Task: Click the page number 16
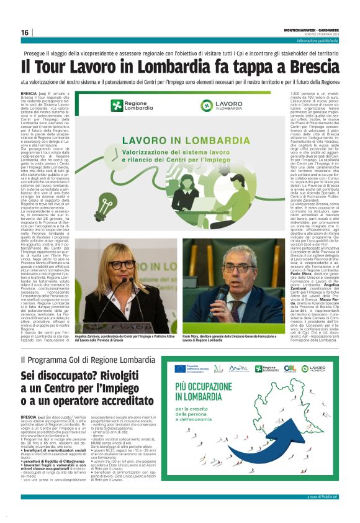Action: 25,32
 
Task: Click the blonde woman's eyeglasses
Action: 124,265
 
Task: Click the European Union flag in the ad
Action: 180,369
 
